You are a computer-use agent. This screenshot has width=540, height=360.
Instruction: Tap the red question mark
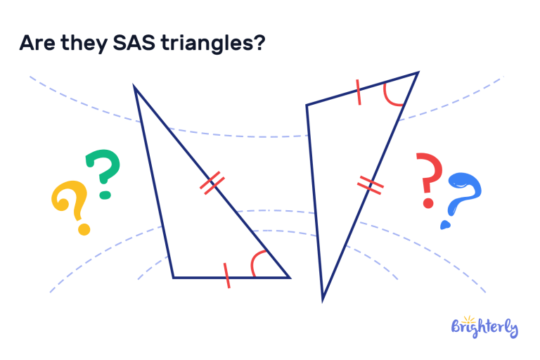pos(428,180)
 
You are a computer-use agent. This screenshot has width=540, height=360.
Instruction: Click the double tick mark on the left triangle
pos(212,184)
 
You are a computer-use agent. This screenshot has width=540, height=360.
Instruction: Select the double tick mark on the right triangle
pos(370,186)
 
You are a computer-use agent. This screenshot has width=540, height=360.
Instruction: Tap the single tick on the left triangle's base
pos(226,276)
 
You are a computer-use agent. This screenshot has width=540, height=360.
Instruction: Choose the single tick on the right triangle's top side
pos(359,92)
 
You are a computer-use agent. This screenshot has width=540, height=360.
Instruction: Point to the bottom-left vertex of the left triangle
pos(174,277)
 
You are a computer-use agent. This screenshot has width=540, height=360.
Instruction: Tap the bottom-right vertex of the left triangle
pos(289,277)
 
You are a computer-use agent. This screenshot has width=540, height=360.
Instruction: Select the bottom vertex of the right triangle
pos(323,299)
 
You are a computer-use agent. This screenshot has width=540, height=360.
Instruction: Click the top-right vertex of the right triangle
pos(418,72)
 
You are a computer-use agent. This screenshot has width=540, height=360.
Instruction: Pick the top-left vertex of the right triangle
pos(307,105)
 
